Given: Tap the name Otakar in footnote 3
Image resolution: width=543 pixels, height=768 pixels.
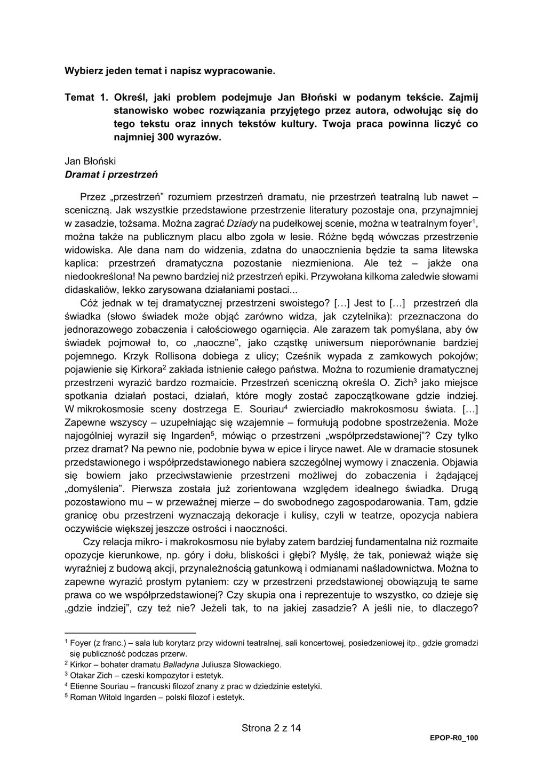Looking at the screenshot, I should click(82, 676).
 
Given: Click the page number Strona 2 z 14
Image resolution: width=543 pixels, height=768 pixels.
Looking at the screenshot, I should click(271, 728).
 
